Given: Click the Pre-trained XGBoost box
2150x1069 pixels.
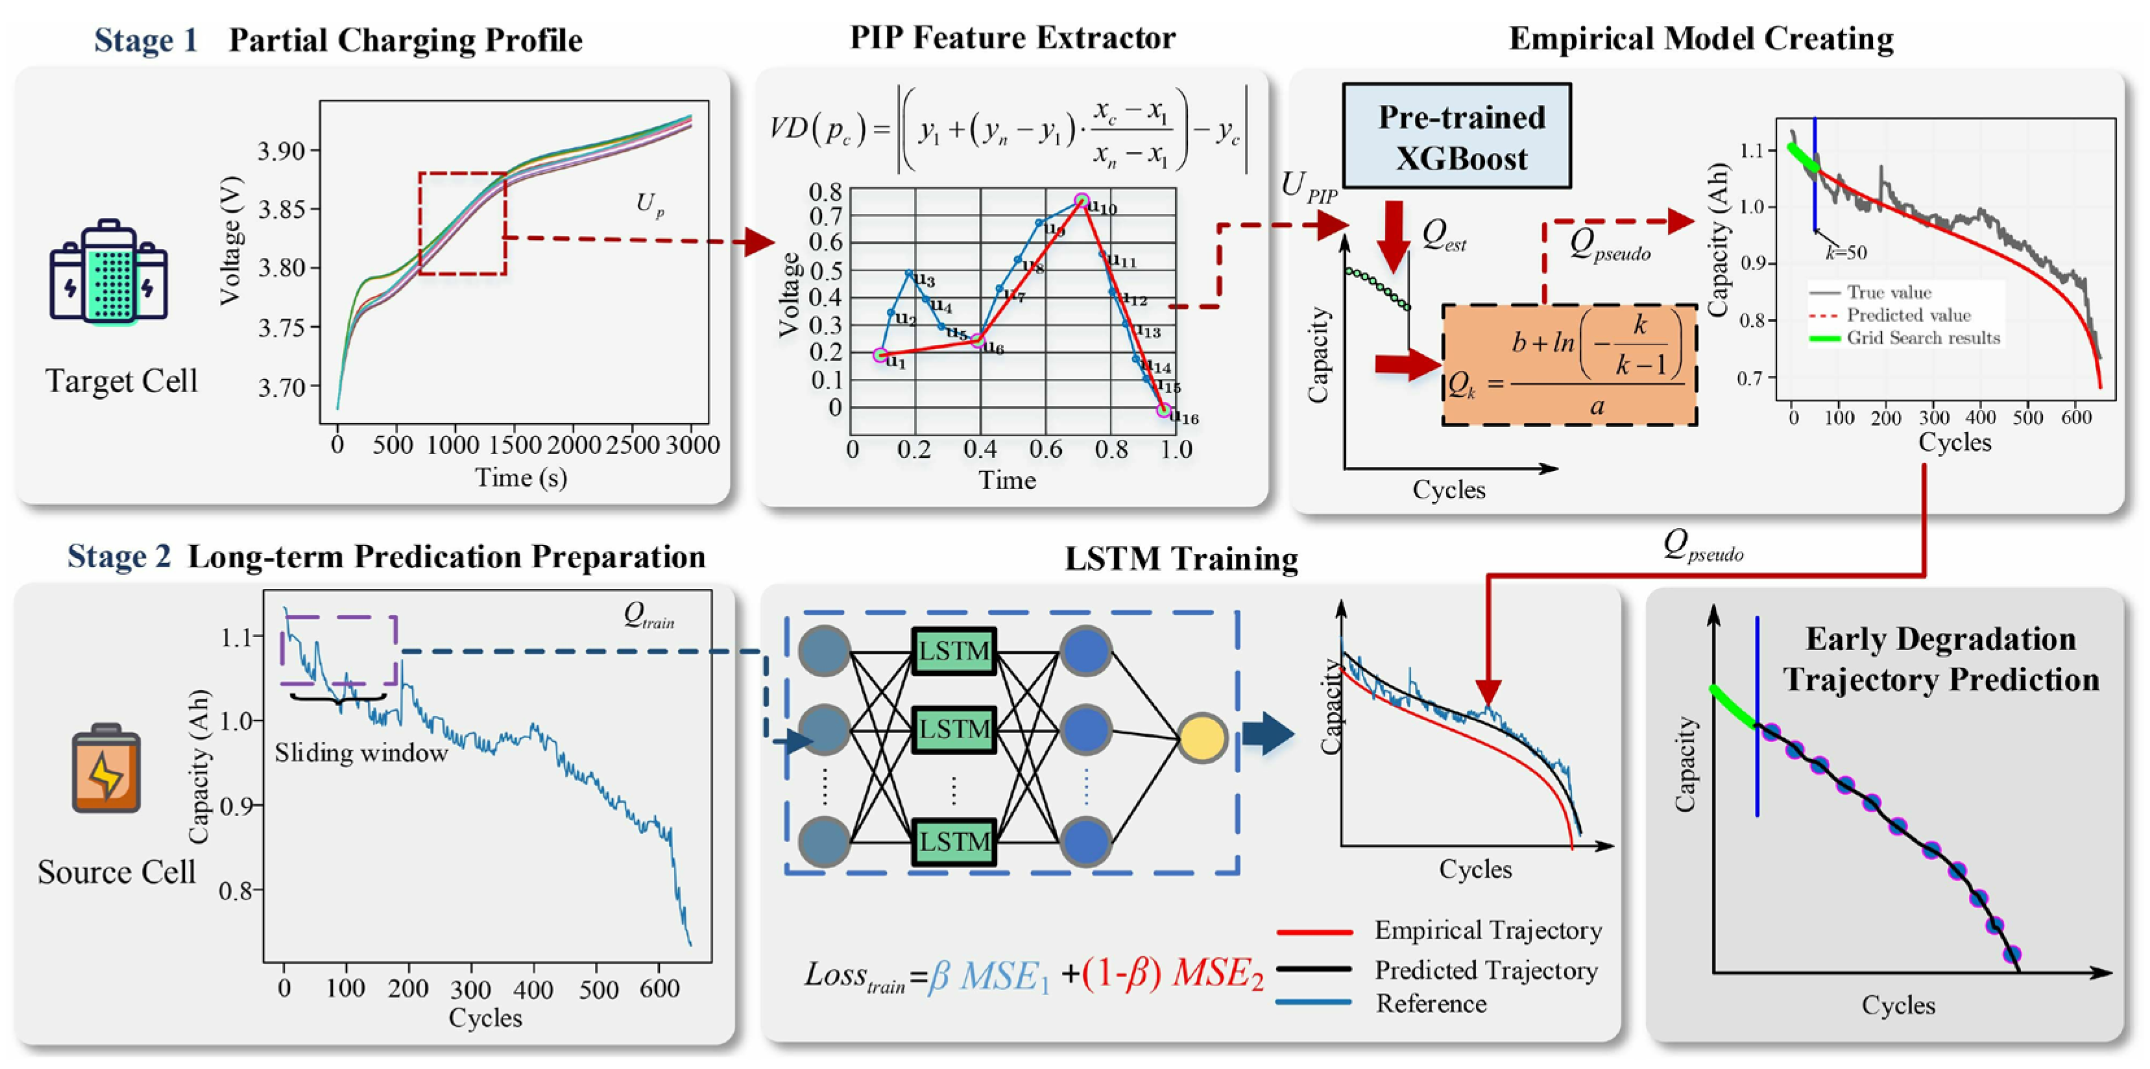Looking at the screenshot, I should [x=1456, y=136].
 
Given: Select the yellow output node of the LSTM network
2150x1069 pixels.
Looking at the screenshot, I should [x=1202, y=738].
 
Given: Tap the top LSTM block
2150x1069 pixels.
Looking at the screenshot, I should [x=954, y=651].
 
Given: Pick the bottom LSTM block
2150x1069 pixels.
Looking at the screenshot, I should [x=954, y=841].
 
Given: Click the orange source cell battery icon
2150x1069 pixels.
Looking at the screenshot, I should [x=106, y=769].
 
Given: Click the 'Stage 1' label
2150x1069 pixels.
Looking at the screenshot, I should [x=145, y=40].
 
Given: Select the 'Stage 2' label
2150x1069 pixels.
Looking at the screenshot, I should [x=119, y=557].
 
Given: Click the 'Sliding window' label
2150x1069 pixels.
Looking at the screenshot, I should [x=361, y=754].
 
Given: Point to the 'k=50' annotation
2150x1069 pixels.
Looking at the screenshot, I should [x=1845, y=252].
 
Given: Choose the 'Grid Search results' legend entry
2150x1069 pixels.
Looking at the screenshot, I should [x=1923, y=338].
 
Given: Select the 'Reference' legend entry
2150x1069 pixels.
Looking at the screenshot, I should [x=1431, y=1003].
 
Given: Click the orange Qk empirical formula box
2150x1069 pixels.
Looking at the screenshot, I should [x=1569, y=365].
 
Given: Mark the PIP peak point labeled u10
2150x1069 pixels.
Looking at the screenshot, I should [x=1081, y=201].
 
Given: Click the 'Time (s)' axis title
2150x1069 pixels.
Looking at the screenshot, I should [x=521, y=478].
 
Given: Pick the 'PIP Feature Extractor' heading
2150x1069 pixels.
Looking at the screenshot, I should [x=1013, y=38].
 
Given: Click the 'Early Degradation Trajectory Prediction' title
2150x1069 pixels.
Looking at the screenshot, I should [x=1940, y=659].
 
